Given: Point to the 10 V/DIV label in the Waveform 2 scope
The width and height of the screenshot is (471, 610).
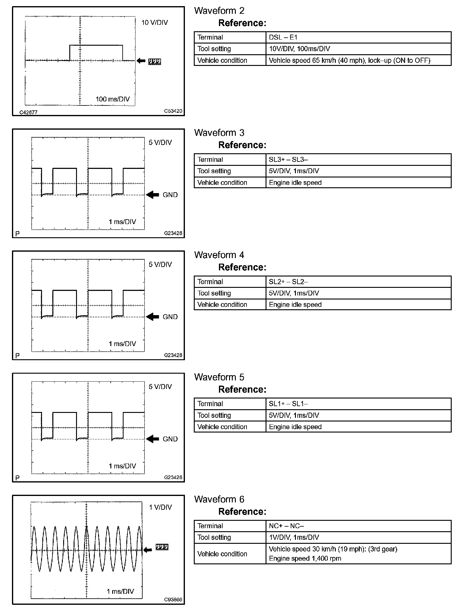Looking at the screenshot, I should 155,23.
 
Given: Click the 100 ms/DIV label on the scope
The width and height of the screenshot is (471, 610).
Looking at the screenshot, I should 113,99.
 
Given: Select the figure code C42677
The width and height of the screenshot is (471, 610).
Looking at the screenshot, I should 28,112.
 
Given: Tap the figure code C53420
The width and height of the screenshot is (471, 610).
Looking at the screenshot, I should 173,111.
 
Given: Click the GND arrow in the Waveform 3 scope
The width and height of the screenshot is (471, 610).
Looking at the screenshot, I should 152,195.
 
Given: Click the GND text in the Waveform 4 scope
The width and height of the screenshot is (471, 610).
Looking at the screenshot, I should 170,317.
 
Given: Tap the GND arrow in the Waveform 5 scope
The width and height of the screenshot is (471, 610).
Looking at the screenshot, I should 152,439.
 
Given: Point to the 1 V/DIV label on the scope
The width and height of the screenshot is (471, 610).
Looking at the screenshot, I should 160,507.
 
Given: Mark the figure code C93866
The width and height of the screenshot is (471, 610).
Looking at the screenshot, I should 173,600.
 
